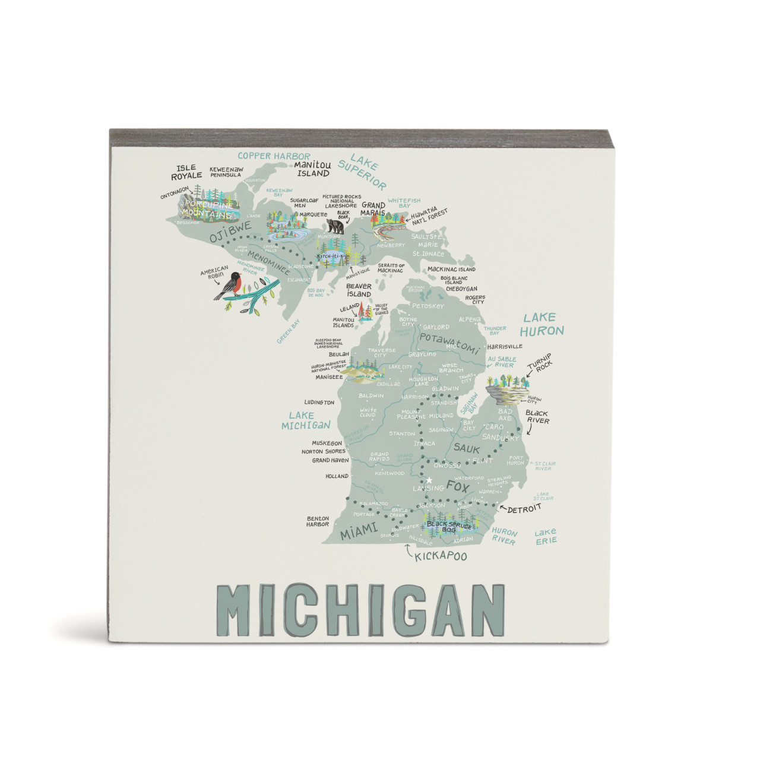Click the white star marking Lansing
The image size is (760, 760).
pos(429,480)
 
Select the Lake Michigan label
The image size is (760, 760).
pos(305,420)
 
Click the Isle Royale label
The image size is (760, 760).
pos(186,172)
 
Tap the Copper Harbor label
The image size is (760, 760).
pos(274,156)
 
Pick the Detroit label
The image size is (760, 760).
pos(524,509)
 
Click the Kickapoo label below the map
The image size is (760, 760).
pos(441,556)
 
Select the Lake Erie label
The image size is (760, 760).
pos(545,536)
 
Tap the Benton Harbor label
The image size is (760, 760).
pos(318,521)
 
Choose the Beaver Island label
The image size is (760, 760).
pos(359,290)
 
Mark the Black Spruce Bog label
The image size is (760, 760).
pos(449,526)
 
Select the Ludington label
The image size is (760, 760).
pos(319,403)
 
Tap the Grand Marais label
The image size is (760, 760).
pos(373,209)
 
